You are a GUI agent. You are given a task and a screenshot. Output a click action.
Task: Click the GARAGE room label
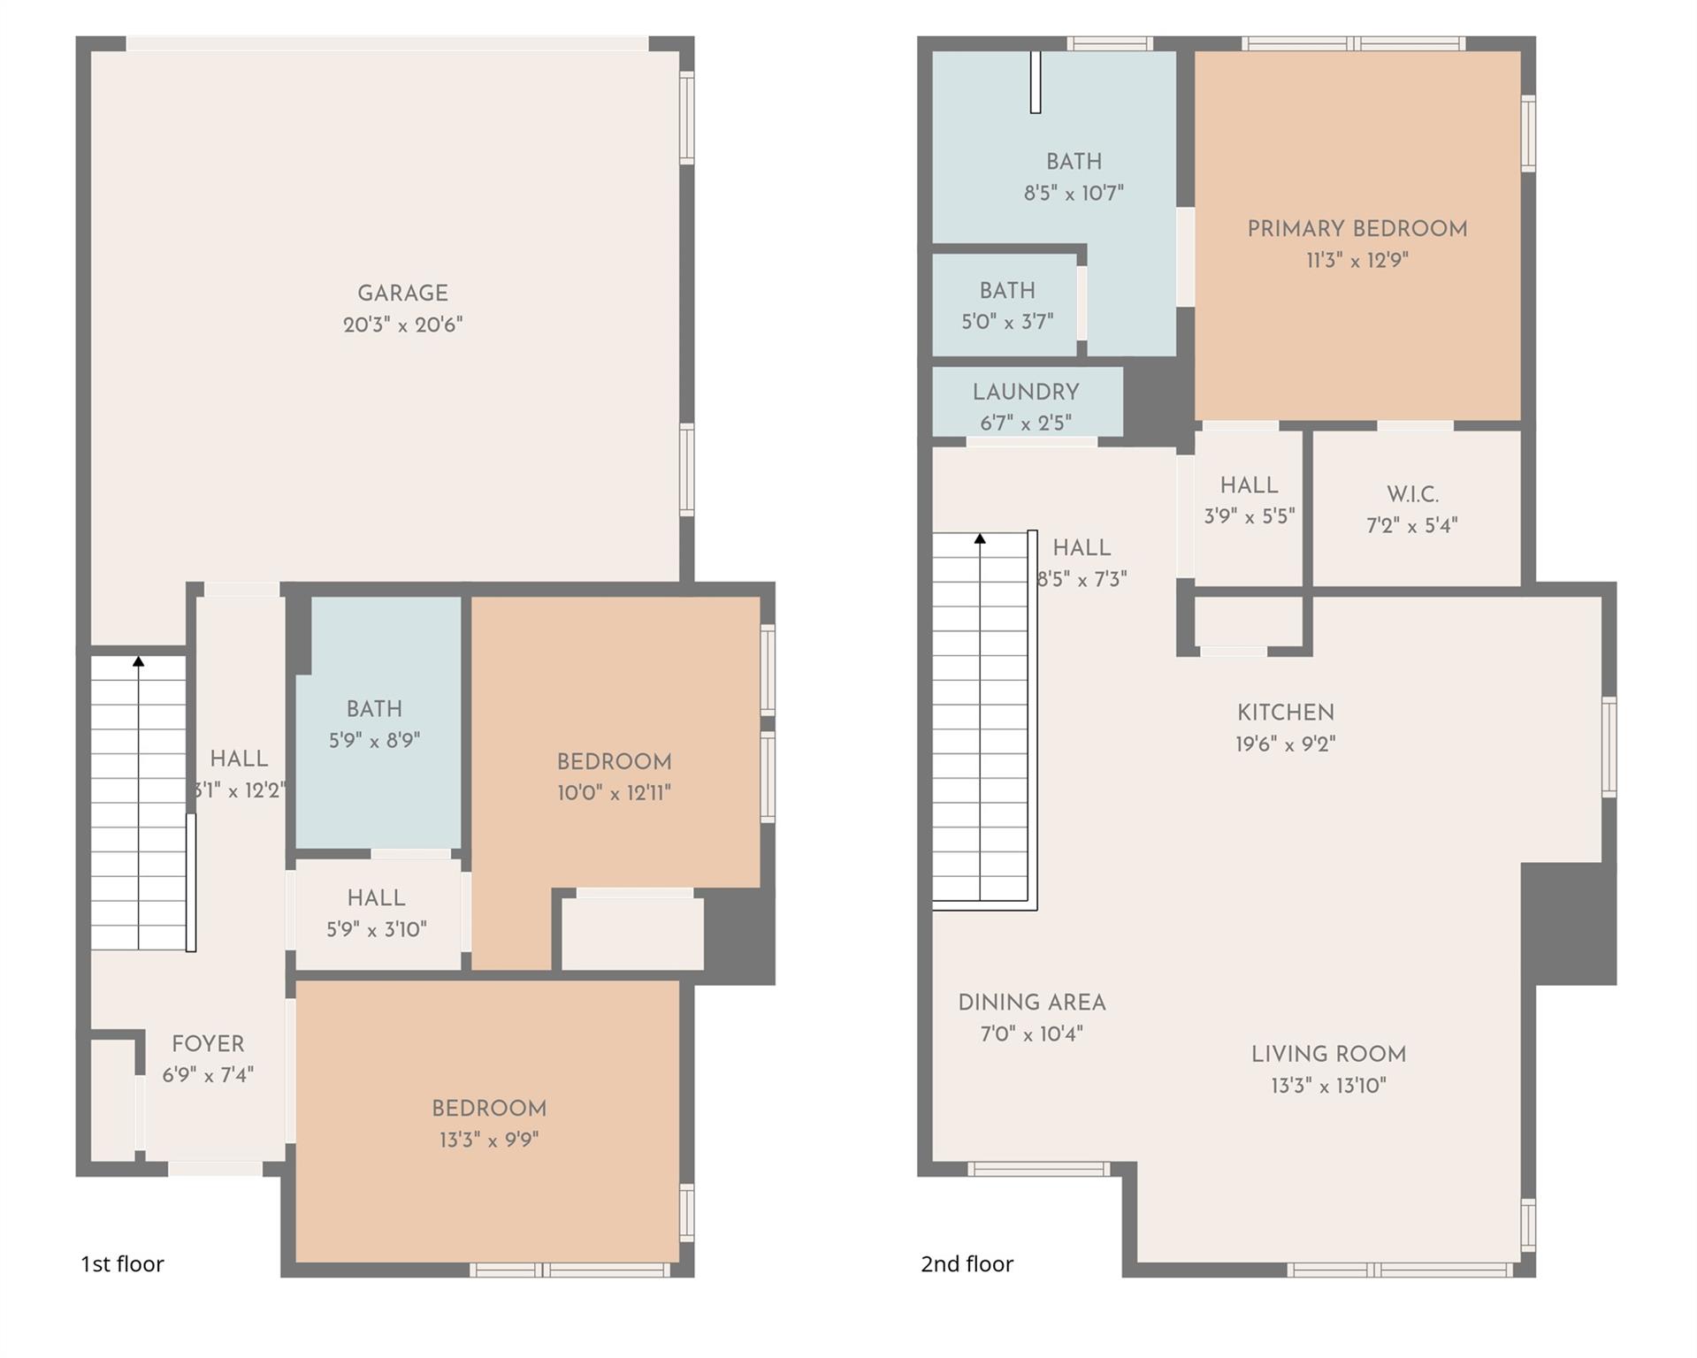click(x=402, y=294)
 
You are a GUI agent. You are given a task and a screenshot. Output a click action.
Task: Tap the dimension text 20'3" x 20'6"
click(x=402, y=325)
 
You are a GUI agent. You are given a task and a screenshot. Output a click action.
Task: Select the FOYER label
click(x=208, y=1044)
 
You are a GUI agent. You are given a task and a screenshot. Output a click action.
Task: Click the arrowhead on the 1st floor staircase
click(x=138, y=661)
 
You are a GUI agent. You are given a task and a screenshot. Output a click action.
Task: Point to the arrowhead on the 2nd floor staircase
click(x=980, y=538)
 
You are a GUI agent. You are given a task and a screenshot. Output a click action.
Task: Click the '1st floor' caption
click(x=122, y=1264)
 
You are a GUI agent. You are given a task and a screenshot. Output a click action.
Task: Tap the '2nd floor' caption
click(x=967, y=1264)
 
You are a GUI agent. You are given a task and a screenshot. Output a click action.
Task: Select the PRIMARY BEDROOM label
click(x=1357, y=229)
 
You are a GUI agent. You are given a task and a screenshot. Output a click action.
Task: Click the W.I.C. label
click(x=1412, y=494)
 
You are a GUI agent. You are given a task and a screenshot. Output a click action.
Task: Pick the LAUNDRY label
click(x=1026, y=393)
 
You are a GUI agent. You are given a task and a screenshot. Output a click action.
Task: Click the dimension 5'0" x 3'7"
click(x=1007, y=323)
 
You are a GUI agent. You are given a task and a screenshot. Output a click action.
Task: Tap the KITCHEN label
click(x=1285, y=713)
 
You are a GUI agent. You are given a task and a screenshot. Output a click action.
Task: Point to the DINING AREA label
click(x=1031, y=1003)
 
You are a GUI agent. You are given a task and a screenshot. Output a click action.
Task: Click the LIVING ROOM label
click(x=1327, y=1054)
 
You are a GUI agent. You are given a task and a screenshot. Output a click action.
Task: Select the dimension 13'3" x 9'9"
click(x=488, y=1141)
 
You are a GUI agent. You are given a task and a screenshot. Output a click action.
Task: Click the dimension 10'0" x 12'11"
click(x=614, y=793)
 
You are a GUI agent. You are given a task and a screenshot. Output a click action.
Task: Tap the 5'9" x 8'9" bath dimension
click(x=374, y=741)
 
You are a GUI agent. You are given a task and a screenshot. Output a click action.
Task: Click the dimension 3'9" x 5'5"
click(x=1249, y=516)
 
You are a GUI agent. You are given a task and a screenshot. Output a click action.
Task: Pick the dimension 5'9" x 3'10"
click(x=376, y=930)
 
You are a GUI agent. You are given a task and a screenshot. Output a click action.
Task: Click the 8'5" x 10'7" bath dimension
click(x=1074, y=194)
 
